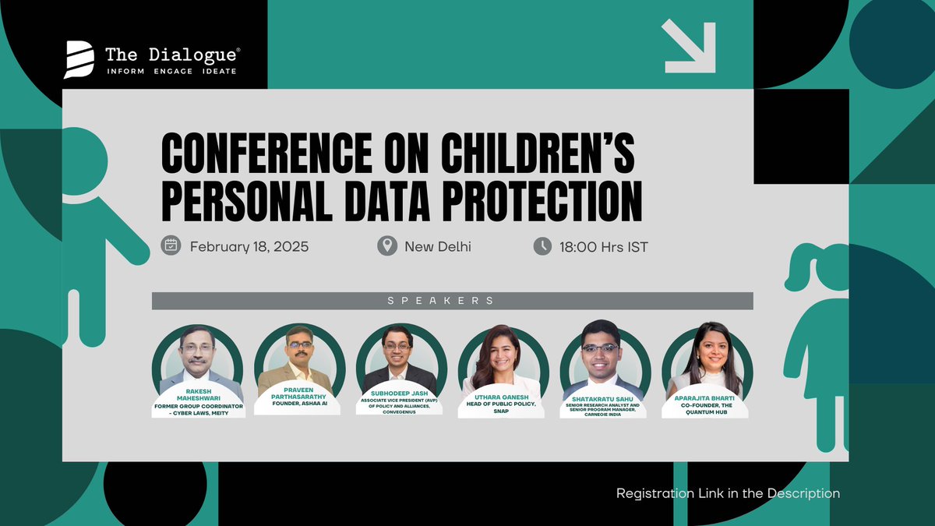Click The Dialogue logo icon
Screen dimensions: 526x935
tap(79, 60)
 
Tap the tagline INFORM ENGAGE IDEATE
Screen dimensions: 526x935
tap(171, 71)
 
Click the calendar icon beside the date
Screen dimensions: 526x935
tap(171, 246)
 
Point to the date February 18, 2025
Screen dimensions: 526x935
tap(249, 247)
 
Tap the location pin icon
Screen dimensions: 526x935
tap(386, 246)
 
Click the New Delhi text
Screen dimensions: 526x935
tap(437, 247)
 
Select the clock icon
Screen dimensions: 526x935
tap(542, 246)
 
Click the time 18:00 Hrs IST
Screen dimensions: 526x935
tap(603, 247)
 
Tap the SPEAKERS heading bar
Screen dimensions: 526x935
tap(452, 301)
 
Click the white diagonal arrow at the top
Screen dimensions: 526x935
tap(689, 46)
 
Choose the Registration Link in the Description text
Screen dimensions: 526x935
tap(728, 493)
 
